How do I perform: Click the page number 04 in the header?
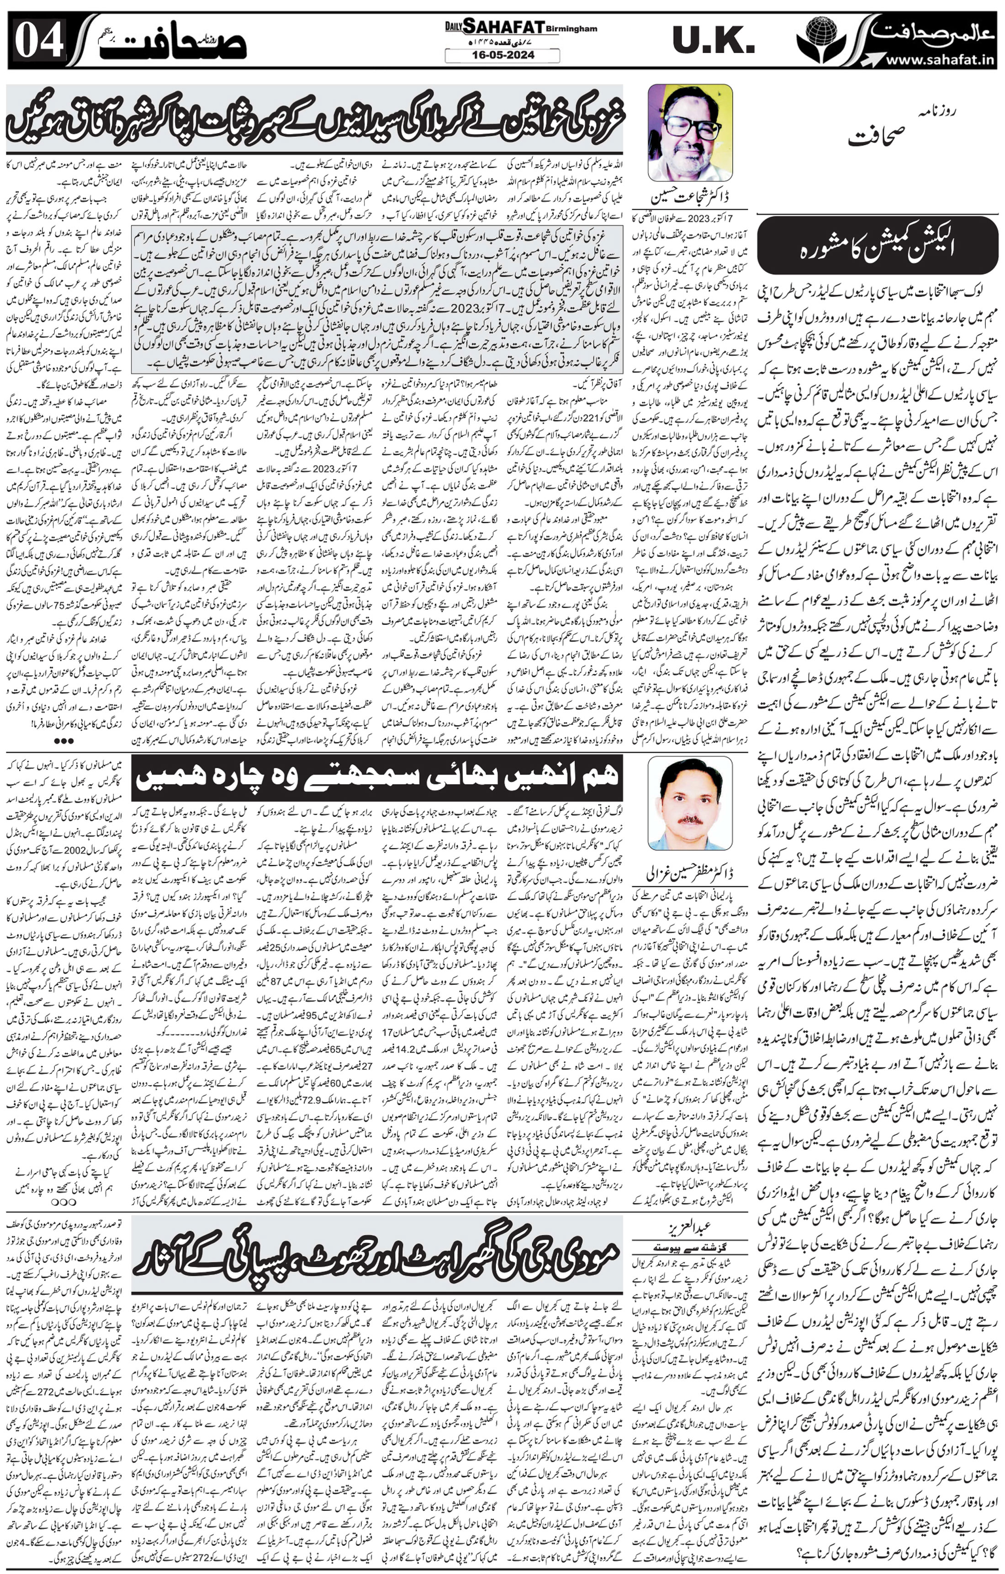(x=39, y=41)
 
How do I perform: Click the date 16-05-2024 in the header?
(x=502, y=56)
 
